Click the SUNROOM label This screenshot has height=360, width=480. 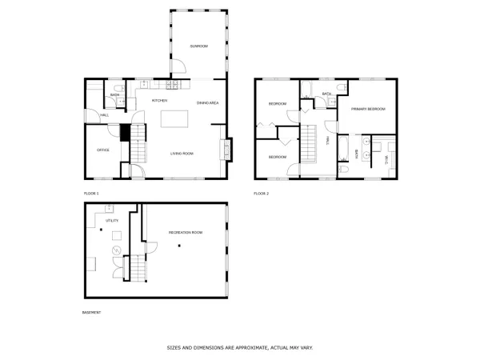coord(198,47)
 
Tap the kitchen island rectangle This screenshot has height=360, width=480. coord(174,119)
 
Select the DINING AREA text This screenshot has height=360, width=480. coord(208,102)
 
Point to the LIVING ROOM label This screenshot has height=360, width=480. coord(182,154)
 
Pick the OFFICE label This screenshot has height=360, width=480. coord(103,150)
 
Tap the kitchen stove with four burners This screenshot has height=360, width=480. coord(172,85)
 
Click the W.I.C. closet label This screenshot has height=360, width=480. coord(386,160)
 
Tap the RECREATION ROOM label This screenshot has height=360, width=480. coord(186,232)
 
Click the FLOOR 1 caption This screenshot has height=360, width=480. coord(91,194)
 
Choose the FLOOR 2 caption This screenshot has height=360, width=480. coord(262,194)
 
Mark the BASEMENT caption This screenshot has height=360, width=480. coord(92,312)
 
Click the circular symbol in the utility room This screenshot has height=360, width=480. coord(115,250)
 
